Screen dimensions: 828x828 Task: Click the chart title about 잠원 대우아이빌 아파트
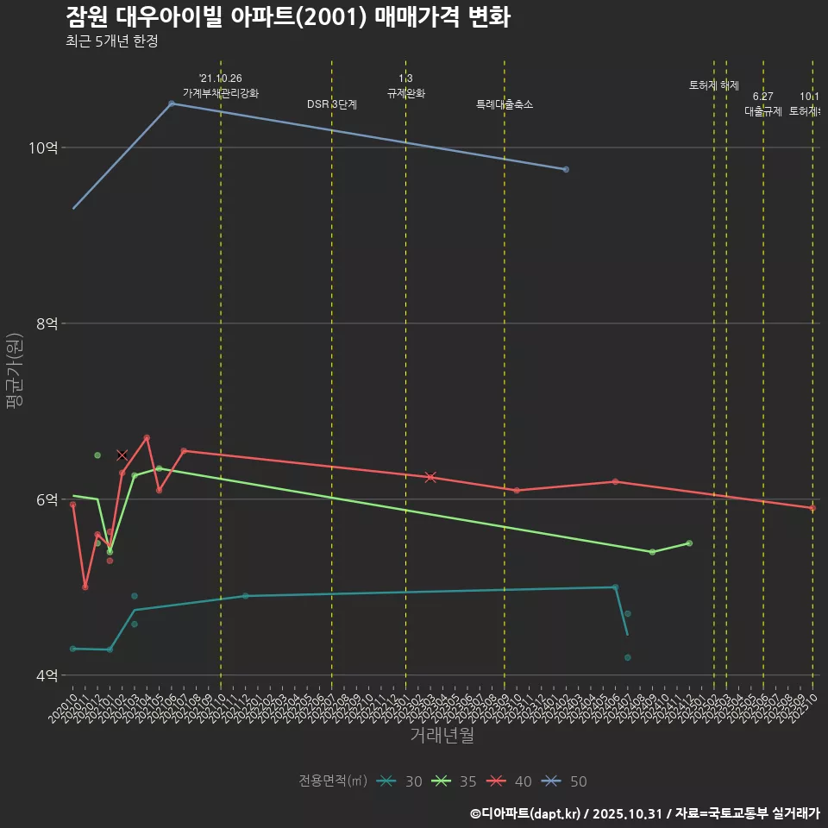pos(287,17)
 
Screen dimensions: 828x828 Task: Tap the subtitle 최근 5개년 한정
pos(111,41)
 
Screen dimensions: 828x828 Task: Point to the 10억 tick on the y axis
pos(43,147)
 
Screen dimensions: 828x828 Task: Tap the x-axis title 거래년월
pos(442,736)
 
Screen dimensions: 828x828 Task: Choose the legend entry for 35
pos(456,781)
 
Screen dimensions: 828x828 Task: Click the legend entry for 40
pos(511,781)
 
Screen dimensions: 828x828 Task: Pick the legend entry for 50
pos(567,781)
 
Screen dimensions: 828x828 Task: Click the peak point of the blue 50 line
pos(172,103)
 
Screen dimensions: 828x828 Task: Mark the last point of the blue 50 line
pos(566,169)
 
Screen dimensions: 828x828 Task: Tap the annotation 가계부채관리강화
pos(220,93)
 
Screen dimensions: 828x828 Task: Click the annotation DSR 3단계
pos(332,104)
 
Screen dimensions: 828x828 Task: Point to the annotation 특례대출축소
pos(505,104)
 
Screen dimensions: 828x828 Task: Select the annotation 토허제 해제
pos(714,85)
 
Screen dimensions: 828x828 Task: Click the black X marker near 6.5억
pos(122,455)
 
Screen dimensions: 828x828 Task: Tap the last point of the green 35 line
pos(689,543)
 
